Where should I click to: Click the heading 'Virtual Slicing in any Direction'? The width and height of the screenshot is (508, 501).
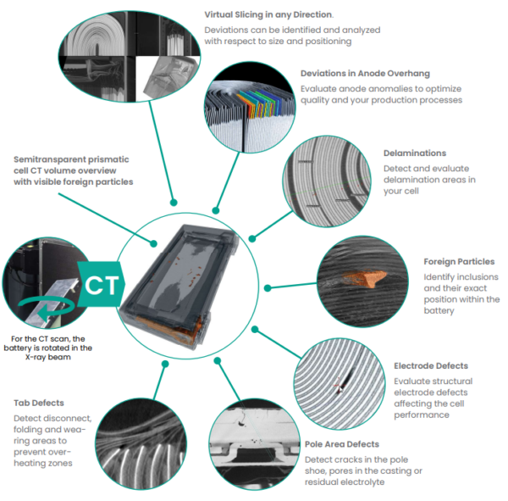[268, 14]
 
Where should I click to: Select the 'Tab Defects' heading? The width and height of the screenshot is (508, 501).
[40, 403]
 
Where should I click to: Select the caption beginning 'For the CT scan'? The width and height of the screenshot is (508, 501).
[53, 348]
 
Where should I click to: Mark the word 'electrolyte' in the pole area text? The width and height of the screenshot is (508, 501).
[364, 482]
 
